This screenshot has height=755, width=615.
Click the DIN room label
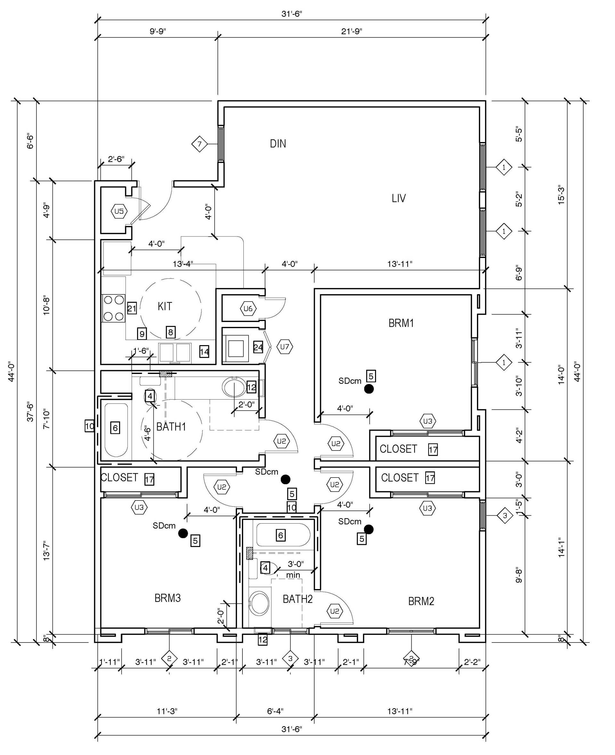[278, 144]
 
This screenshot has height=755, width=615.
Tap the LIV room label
[398, 198]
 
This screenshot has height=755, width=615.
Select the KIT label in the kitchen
[165, 306]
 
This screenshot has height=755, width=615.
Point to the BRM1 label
[401, 323]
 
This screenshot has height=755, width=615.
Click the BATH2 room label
[298, 599]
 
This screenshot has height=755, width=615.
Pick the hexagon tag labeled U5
[119, 212]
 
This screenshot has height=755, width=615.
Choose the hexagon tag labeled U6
[248, 309]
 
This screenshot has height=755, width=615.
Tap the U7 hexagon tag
[285, 347]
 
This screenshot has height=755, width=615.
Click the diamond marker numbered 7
[200, 144]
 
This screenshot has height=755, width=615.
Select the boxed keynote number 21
[132, 308]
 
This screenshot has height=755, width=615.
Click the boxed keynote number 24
[258, 347]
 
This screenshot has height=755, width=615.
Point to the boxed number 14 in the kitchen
[204, 352]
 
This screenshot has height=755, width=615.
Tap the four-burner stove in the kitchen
[114, 308]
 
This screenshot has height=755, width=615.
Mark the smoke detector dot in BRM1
[369, 389]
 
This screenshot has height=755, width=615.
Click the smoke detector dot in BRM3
[183, 533]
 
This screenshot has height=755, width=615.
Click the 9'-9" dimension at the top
[158, 31]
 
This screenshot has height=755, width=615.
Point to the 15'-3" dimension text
[561, 195]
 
